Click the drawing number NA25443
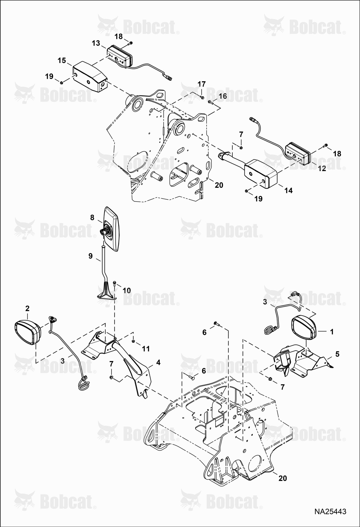coord(330,512)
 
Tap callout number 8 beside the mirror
coord(92,218)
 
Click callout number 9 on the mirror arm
coord(90,256)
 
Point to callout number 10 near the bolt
coord(127,290)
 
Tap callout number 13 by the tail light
coord(96,43)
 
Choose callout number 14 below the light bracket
coord(289,190)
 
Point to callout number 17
coord(201,84)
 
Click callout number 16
coord(223,96)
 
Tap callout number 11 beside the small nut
coord(146,349)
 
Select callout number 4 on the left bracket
coord(158,363)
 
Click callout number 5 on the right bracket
coord(337,354)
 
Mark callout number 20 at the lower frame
coord(283,478)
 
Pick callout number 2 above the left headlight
coord(27,309)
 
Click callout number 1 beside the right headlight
coord(332,332)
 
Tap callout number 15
coord(62,60)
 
